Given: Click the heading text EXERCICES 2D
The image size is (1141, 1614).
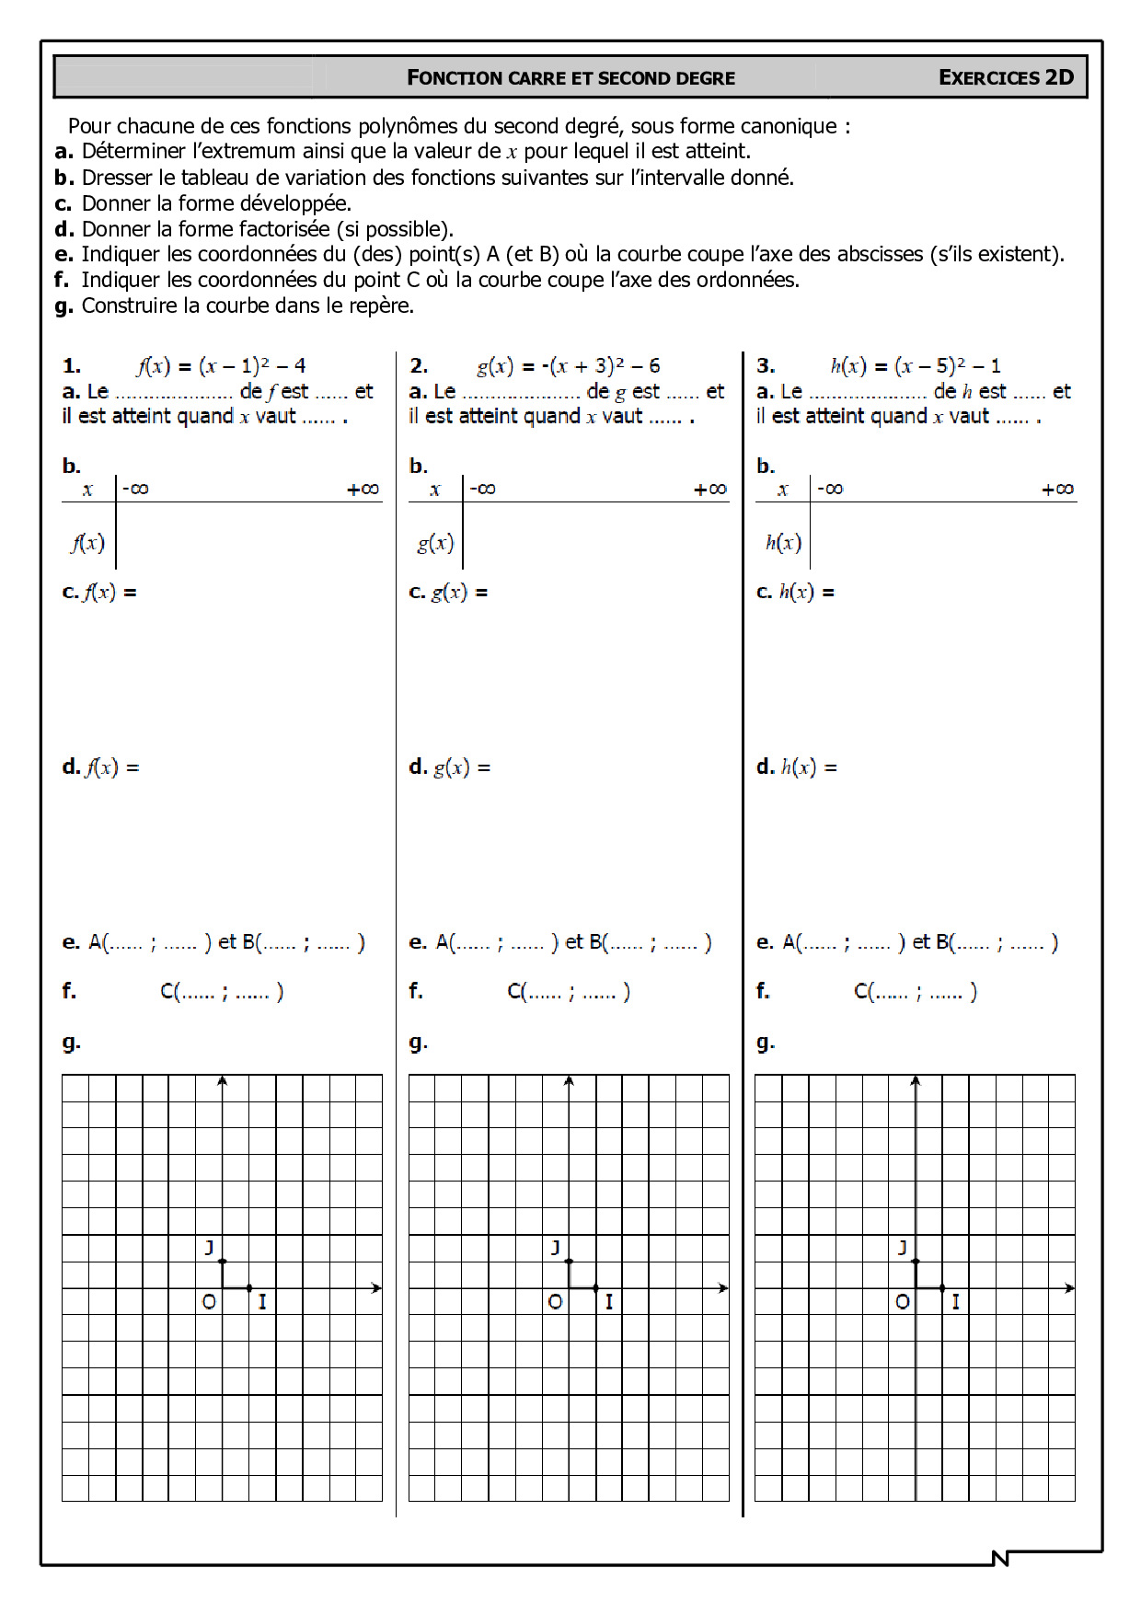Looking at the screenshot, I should (1006, 77).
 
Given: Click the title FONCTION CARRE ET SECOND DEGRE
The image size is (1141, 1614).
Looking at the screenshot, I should (570, 78).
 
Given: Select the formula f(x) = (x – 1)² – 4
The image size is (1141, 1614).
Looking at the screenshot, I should (221, 365).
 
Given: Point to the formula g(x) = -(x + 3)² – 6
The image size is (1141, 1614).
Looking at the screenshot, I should (568, 365).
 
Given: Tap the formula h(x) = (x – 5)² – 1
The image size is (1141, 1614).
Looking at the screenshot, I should (915, 365).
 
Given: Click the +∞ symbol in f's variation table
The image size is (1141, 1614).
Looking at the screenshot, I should (363, 489).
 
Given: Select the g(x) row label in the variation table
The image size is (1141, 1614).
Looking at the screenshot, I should (434, 542).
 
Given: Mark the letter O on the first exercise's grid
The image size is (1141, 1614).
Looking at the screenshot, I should (209, 1302).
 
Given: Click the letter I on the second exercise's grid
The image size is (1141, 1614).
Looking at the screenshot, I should (608, 1302).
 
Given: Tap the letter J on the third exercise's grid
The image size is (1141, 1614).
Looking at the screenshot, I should (903, 1248).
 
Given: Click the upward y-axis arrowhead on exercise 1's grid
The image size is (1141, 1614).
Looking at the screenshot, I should (222, 1080).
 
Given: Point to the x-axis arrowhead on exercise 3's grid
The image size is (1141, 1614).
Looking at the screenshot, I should (1069, 1288).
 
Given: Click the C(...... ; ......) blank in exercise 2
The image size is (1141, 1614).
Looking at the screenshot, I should (568, 991).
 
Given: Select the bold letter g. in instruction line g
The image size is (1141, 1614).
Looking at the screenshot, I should (63, 306).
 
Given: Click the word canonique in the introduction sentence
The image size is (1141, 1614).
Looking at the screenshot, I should (792, 126).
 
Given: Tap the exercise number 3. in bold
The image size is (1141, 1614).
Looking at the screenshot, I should (765, 365).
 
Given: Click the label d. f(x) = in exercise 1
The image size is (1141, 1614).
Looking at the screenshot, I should (100, 767).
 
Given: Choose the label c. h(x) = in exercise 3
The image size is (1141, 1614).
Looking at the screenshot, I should (795, 592).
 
